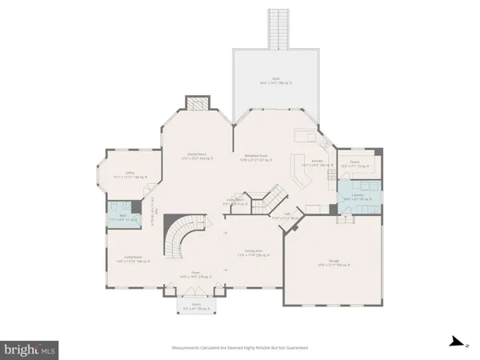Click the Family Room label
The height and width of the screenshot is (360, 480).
[193, 155]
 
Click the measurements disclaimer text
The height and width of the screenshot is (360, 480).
[239, 348]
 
